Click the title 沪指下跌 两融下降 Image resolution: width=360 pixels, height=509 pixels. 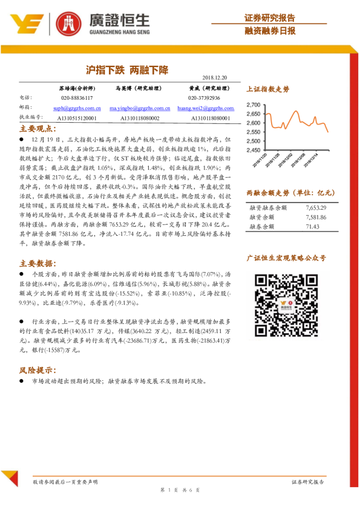[x=126, y=70]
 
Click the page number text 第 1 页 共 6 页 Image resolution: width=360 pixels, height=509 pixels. [x=179, y=489]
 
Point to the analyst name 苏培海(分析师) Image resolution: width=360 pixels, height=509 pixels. [x=77, y=88]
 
